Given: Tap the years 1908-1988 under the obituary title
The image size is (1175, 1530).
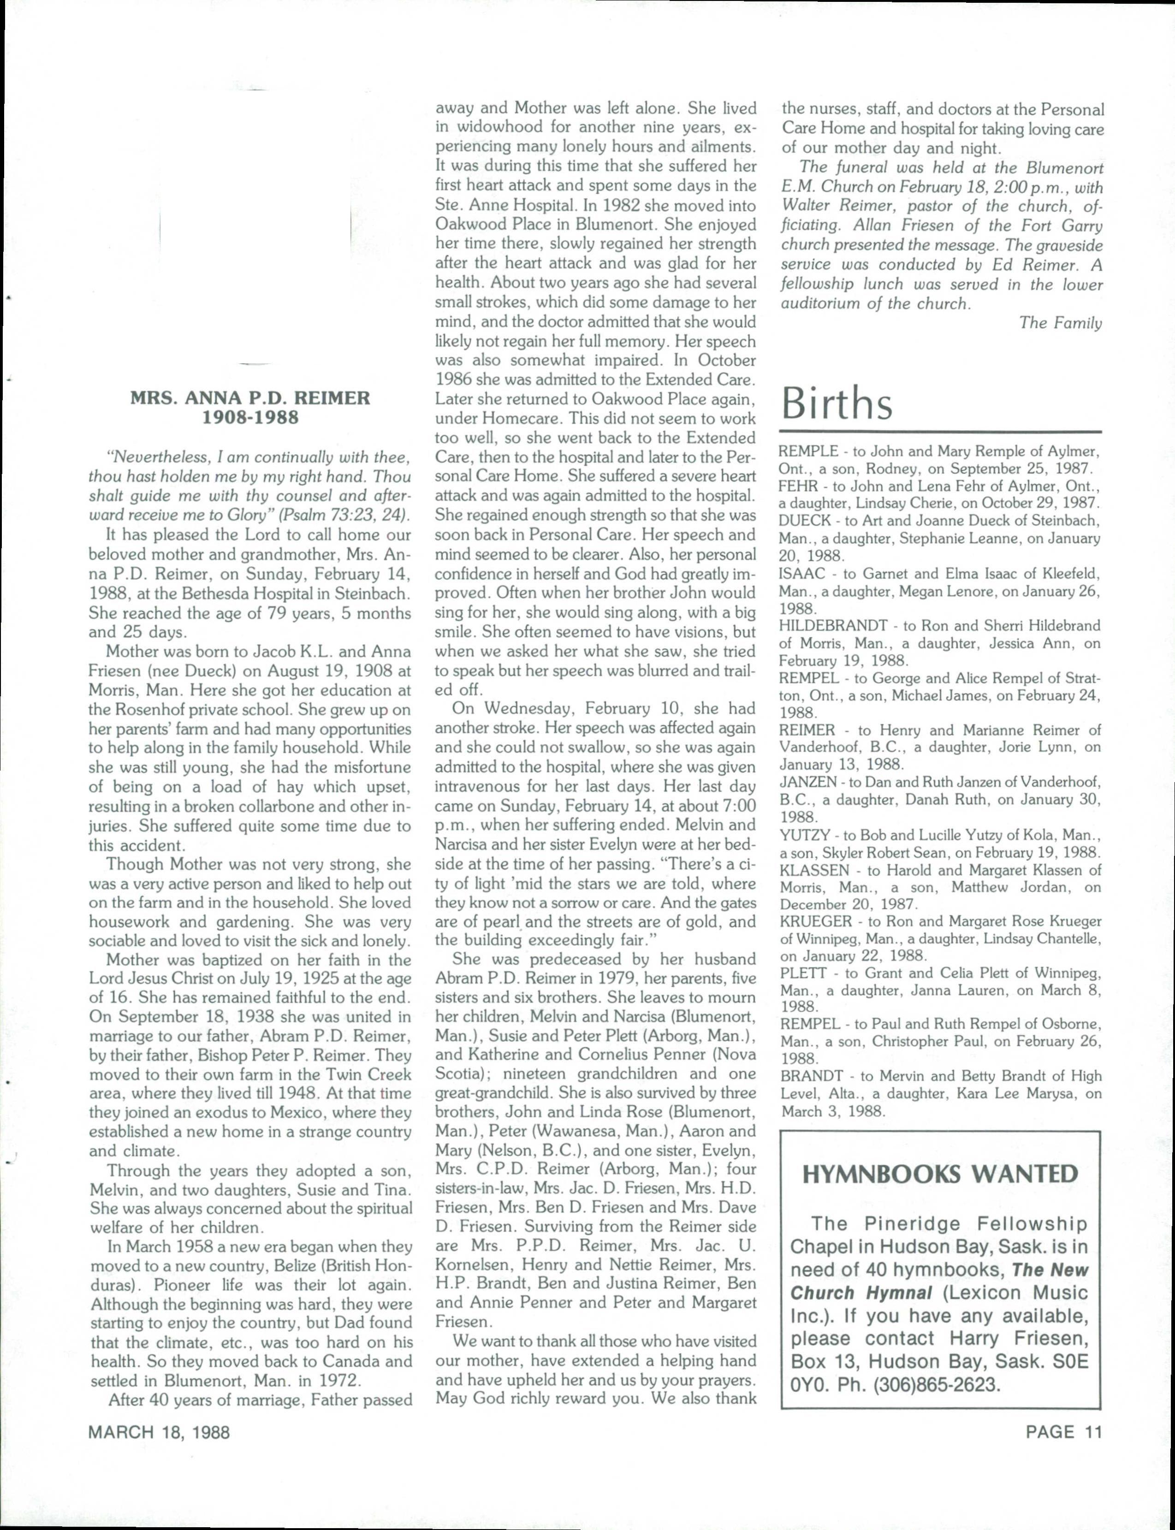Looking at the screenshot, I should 249,418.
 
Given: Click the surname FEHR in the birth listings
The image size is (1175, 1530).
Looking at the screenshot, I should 797,486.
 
